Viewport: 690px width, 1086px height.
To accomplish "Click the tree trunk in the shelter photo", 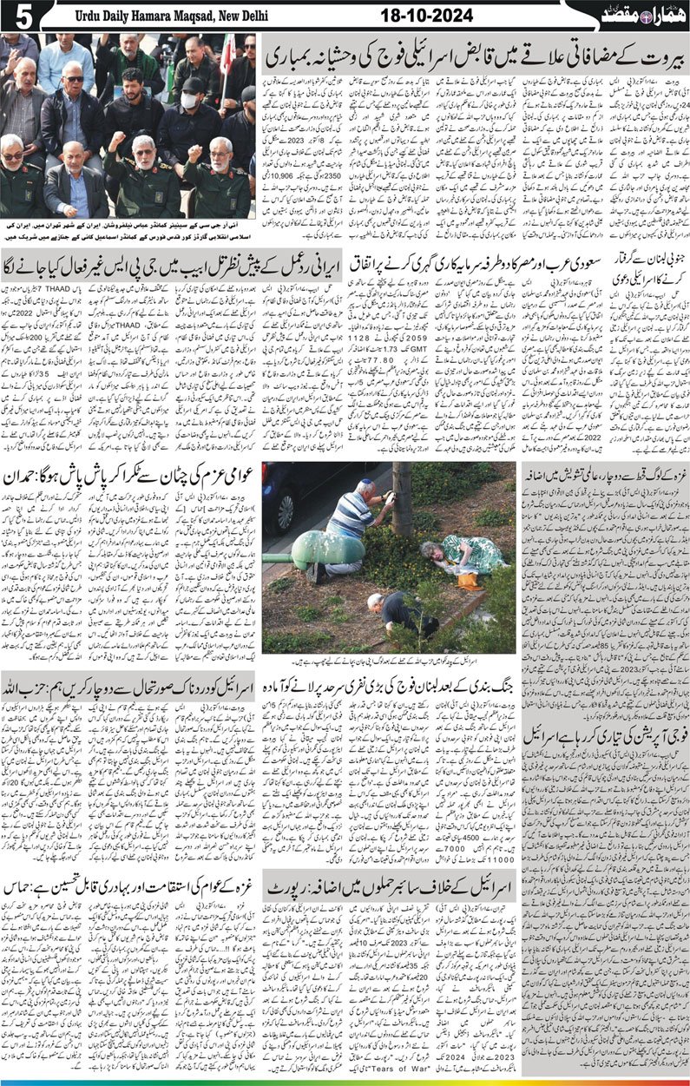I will (x=401, y=499).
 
